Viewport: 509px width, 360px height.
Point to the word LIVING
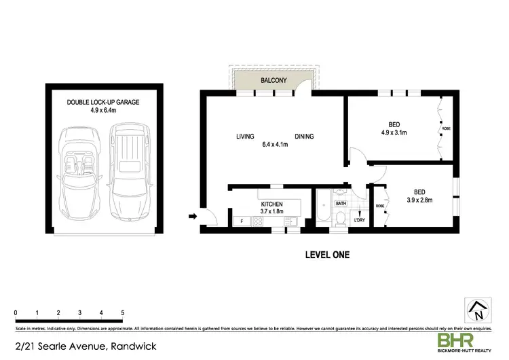[245, 137]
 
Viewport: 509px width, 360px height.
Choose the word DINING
[304, 137]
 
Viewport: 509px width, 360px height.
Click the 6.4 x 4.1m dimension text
[275, 145]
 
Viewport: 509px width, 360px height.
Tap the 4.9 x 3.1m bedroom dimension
[394, 133]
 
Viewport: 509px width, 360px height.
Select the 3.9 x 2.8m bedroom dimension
[419, 200]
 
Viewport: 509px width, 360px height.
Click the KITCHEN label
[271, 204]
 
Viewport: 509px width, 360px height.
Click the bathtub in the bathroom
[323, 208]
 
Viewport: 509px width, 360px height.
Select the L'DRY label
[360, 219]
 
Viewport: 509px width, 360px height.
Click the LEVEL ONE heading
[326, 256]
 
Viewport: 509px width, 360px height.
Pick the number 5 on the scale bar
[123, 312]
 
